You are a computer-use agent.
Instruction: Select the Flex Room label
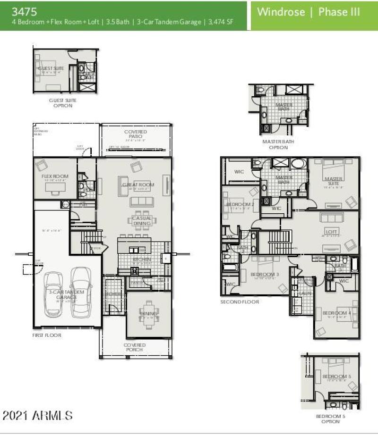click(52, 176)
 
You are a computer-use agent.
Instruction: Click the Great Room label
click(138, 184)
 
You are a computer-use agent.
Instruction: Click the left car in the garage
click(56, 293)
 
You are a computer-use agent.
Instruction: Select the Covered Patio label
click(136, 134)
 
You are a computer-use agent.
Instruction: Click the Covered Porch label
click(135, 348)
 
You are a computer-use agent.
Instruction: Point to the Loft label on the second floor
click(331, 232)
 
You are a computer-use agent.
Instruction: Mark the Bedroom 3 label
click(264, 274)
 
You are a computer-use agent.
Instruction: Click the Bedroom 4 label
click(336, 313)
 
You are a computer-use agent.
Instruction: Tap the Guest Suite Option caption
click(63, 103)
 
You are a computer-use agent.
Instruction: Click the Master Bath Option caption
click(278, 144)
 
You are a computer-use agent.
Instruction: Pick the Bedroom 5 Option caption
click(331, 418)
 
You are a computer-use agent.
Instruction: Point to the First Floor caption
click(47, 335)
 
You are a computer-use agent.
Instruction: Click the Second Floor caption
click(240, 302)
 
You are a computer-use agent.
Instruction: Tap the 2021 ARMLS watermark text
click(38, 415)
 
